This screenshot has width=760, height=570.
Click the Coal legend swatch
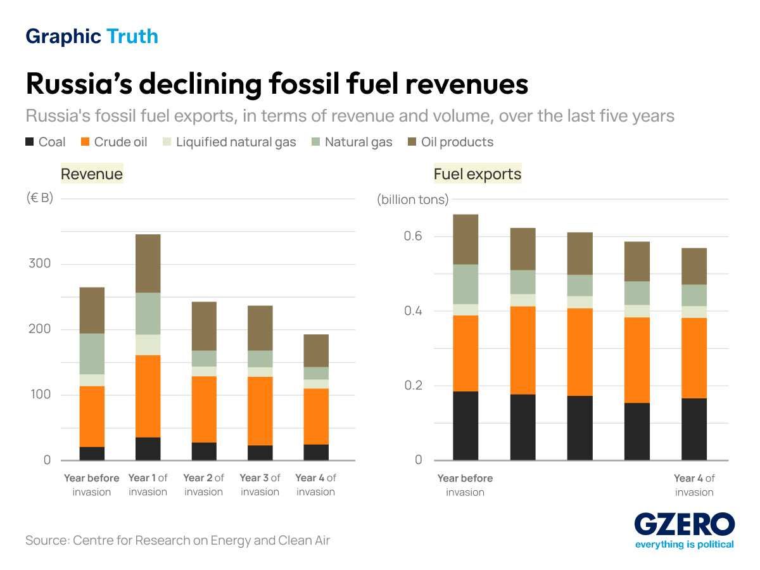(x=30, y=142)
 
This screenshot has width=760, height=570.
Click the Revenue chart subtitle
(x=92, y=174)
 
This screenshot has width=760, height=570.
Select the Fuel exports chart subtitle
(x=478, y=174)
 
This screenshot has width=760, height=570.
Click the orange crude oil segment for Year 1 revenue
(x=148, y=396)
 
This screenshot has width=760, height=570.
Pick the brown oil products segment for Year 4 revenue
(x=316, y=350)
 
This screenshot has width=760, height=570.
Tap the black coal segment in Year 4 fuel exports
(x=694, y=429)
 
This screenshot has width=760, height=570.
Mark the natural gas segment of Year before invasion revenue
(x=92, y=353)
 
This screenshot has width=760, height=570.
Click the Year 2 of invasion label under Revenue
(x=203, y=484)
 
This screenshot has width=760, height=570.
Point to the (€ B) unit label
(x=40, y=198)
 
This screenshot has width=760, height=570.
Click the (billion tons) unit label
(x=413, y=200)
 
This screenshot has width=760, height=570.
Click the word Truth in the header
(x=132, y=37)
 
